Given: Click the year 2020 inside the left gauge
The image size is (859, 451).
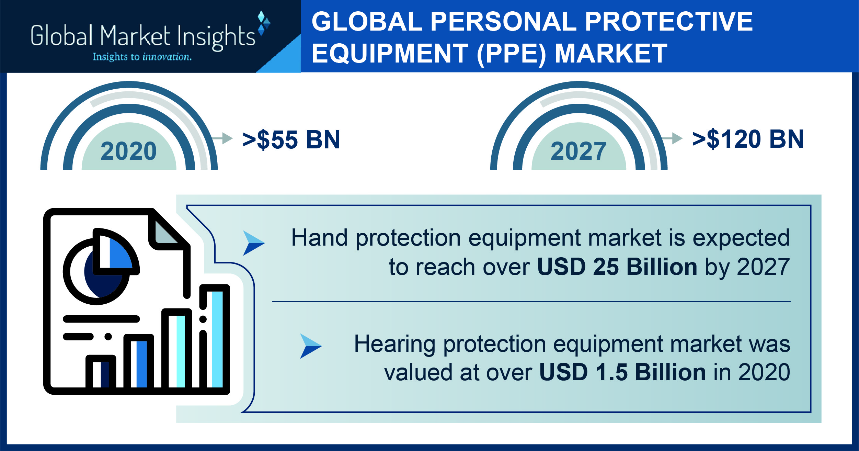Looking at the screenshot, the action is click(129, 151).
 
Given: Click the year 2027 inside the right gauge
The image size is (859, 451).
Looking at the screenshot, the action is click(579, 151).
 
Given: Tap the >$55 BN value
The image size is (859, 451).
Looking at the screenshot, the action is click(291, 139).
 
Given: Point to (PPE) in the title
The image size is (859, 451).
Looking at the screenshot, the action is click(512, 54).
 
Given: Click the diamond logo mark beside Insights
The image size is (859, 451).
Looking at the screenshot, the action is click(264, 23).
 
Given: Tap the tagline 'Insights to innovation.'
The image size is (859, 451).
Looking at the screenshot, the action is click(142, 57).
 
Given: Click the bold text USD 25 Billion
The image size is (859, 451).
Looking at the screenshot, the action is click(617, 267).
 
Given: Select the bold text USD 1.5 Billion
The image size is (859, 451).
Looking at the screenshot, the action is click(622, 372).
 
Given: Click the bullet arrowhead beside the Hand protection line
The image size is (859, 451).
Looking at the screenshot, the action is click(254, 243).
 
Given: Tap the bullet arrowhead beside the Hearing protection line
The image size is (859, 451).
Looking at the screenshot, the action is click(311, 346).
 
